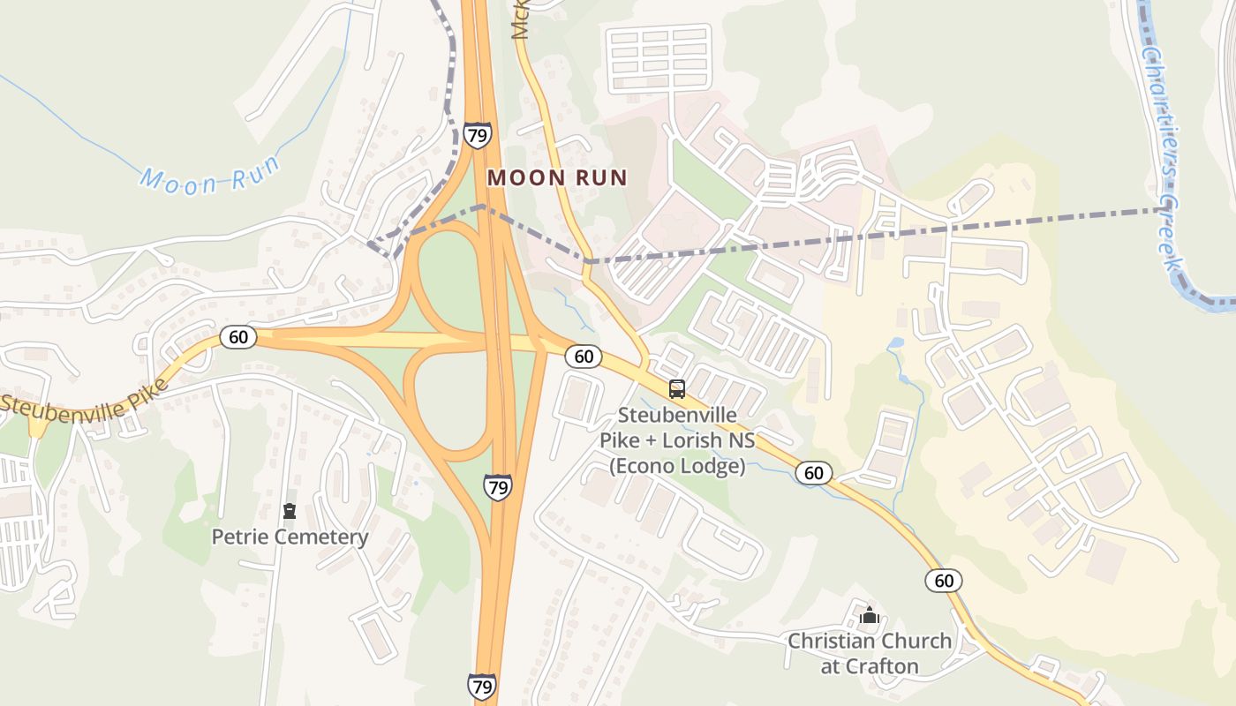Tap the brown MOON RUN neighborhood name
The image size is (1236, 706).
tap(557, 177)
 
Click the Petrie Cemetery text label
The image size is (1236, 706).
tap(290, 537)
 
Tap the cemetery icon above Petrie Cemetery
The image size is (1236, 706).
tap(289, 511)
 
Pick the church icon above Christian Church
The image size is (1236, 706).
tap(870, 614)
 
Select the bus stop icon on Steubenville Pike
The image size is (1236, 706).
tap(677, 388)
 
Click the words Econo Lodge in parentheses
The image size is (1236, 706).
tap(677, 466)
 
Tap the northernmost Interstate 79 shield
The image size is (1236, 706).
tap(477, 135)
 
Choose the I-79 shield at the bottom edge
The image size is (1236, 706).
tap(481, 686)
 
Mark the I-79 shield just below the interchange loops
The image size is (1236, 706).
tap(497, 486)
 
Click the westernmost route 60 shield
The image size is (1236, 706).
tap(238, 336)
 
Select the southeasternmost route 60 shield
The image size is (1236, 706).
tap(944, 580)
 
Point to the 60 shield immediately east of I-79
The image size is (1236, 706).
tap(583, 356)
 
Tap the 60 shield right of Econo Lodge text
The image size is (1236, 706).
tap(813, 472)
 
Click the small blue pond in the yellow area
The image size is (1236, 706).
tap(897, 342)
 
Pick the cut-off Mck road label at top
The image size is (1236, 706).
tap(519, 19)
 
